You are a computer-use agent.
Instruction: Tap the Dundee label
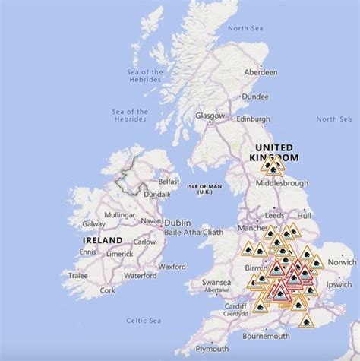pos(257,97)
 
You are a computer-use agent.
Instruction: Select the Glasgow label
pos(210,116)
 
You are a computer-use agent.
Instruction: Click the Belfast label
pos(169,182)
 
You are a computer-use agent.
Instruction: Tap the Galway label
pos(94,224)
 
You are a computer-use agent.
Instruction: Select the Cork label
pos(107,290)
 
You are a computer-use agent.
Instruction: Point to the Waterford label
pos(140,275)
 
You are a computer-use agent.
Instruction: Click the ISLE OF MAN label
pos(204,186)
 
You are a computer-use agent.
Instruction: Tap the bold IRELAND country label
pos(103,240)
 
